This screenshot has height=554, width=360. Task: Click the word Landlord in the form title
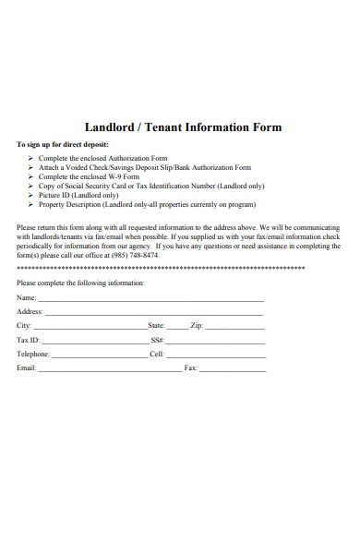(112, 127)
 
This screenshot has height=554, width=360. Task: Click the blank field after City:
(90, 327)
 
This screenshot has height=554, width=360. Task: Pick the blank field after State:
(177, 327)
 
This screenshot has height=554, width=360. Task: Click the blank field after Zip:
(234, 327)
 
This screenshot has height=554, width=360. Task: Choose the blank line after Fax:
(233, 368)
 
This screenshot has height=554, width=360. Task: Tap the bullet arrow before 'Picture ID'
(30, 196)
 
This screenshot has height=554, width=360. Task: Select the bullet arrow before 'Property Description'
(30, 205)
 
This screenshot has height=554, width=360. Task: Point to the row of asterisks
(161, 268)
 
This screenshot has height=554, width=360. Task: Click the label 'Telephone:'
(33, 355)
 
